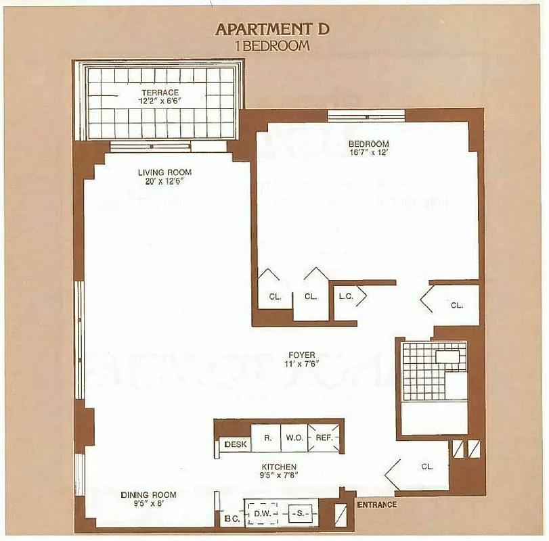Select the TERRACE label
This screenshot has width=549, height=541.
point(160,92)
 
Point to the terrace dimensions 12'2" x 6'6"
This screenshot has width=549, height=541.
point(160,101)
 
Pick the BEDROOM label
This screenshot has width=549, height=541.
point(368,144)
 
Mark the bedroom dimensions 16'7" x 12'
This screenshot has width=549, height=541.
point(368,153)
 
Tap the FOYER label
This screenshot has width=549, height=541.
point(301,354)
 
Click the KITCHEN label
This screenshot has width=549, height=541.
point(280,467)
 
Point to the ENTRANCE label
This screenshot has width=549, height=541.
point(376,504)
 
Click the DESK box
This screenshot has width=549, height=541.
point(235,445)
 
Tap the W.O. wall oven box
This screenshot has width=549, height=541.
point(294,438)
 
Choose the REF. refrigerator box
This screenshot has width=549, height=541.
point(323,438)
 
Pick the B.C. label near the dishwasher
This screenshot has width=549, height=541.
point(229,519)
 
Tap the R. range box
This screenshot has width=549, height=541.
point(267,438)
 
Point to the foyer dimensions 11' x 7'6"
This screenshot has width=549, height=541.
point(301,364)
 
